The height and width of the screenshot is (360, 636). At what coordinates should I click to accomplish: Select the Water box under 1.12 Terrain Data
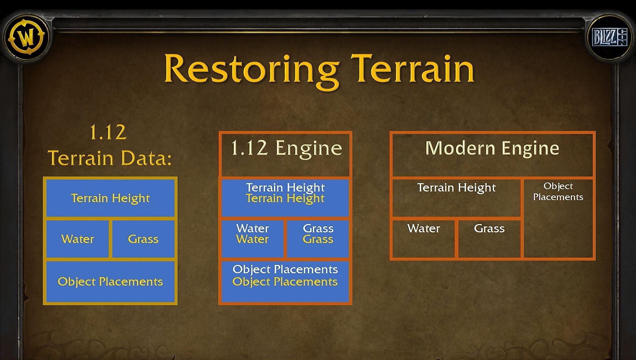pyautogui.click(x=77, y=239)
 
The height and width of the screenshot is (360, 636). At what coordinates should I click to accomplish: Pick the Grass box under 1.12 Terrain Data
pyautogui.click(x=143, y=239)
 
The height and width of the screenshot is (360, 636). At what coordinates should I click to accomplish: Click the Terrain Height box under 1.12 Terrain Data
pyautogui.click(x=110, y=198)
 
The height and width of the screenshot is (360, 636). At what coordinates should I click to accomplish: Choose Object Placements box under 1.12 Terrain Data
pyautogui.click(x=110, y=282)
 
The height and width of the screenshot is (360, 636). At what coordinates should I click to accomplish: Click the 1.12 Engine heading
pyautogui.click(x=286, y=148)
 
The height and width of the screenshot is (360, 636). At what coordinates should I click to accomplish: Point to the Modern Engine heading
pyautogui.click(x=492, y=148)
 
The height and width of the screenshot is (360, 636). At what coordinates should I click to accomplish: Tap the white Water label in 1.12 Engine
pyautogui.click(x=253, y=228)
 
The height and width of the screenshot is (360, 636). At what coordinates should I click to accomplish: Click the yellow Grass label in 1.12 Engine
pyautogui.click(x=318, y=239)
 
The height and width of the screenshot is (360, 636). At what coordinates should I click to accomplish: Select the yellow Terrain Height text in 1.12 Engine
pyautogui.click(x=285, y=198)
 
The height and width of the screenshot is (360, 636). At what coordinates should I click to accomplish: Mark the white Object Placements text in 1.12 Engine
pyautogui.click(x=285, y=269)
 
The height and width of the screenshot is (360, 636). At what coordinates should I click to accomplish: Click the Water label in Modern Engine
pyautogui.click(x=424, y=228)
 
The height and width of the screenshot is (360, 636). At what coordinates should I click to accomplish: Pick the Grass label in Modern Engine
pyautogui.click(x=489, y=228)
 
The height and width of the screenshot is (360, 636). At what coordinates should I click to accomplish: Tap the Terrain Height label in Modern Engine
pyautogui.click(x=456, y=188)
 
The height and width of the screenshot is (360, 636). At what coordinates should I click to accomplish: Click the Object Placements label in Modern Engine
pyautogui.click(x=558, y=191)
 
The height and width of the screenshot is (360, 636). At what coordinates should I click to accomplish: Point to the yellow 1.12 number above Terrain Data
pyautogui.click(x=108, y=132)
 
